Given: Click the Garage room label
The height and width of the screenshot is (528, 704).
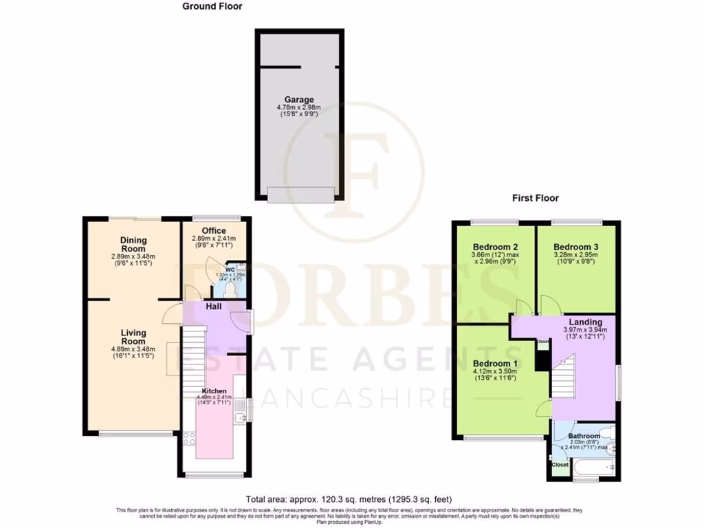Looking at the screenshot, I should click(299, 100).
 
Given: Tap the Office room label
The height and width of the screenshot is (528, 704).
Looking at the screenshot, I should click(214, 230).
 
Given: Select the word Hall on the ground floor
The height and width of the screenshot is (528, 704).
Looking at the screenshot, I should click(214, 306).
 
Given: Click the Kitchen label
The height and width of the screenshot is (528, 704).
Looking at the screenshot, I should click(214, 390).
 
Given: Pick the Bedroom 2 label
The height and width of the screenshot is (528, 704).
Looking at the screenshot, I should click(495, 247).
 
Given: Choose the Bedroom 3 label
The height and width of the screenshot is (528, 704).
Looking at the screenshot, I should click(576, 247).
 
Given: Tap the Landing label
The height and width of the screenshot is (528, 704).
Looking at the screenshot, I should click(586, 322).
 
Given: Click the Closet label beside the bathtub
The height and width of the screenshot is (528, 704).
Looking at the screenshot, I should click(560, 465).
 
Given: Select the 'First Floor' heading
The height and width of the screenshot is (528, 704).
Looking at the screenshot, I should click(535, 198).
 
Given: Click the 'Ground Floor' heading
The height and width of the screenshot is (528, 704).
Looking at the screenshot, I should click(212, 6).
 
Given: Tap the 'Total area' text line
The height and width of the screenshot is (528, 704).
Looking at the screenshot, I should click(349, 499).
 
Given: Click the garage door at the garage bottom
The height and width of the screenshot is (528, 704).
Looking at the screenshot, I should click(300, 195).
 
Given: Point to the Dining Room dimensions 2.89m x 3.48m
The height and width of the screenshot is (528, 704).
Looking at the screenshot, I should click(133, 257).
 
